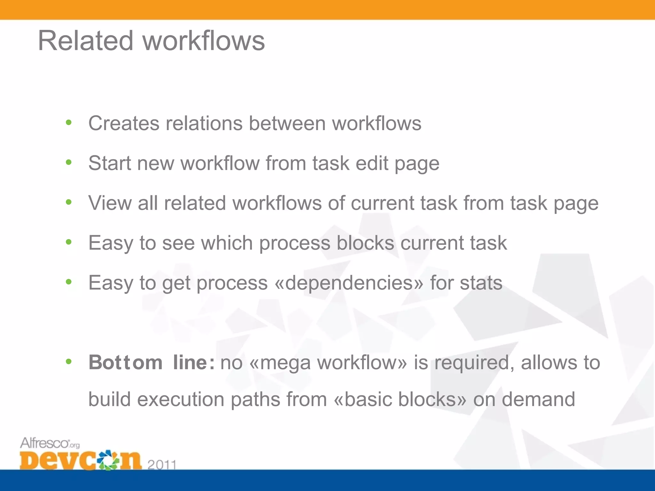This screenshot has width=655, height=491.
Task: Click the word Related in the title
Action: pyautogui.click(x=85, y=41)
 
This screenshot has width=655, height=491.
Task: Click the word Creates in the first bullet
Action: pyautogui.click(x=123, y=123)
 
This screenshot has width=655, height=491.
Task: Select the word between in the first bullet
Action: pyautogui.click(x=287, y=123)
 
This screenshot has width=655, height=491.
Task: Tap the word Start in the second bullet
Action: pyautogui.click(x=110, y=163)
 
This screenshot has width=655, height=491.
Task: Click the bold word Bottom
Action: pyautogui.click(x=126, y=362)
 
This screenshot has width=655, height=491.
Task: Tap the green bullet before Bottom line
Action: pyautogui.click(x=68, y=362)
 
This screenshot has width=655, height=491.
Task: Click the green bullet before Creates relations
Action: pyautogui.click(x=68, y=122)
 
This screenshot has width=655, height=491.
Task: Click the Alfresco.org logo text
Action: pyautogui.click(x=50, y=443)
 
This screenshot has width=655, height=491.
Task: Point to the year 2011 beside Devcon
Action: pyautogui.click(x=162, y=464)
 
